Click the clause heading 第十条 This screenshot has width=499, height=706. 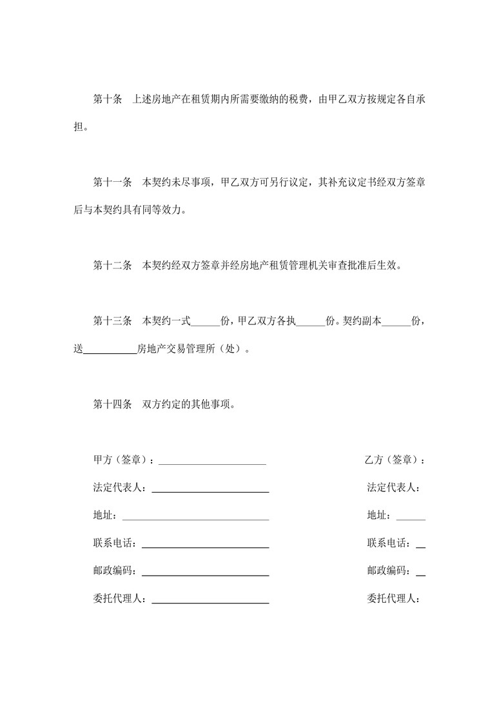(x=108, y=99)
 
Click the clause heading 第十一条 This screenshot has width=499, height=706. (x=113, y=182)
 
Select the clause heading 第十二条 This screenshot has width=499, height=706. (x=113, y=265)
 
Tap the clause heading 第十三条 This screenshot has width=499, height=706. (x=113, y=321)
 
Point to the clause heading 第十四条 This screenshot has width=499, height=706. (x=113, y=405)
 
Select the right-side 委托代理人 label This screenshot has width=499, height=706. (x=394, y=599)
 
